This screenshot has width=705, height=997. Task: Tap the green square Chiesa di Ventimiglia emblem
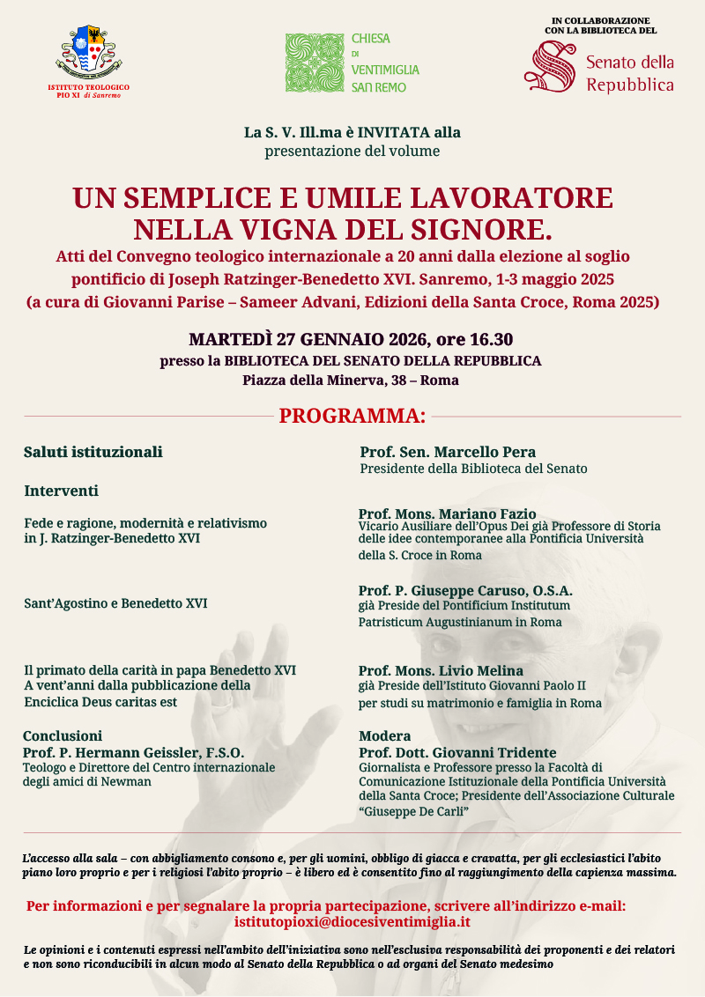pos(313,63)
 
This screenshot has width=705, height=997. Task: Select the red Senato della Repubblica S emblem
pos(553,67)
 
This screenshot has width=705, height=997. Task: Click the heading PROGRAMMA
pos(352,416)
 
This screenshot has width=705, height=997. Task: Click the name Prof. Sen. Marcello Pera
pos(448,453)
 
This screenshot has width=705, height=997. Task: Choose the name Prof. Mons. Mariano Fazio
pos(447,513)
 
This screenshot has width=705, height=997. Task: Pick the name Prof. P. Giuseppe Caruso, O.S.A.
pos(465,590)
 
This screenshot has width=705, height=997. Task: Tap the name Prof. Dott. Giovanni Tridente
pos(457,753)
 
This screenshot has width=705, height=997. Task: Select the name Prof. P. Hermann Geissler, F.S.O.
pos(133,753)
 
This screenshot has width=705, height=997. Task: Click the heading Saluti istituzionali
pos(93,452)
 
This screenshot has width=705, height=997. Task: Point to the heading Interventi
pos(61,491)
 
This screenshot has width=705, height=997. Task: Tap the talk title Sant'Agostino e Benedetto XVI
pos(115,604)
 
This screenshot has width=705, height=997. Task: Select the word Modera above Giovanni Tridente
pos(385,736)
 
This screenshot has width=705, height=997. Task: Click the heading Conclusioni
pos(63,736)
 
